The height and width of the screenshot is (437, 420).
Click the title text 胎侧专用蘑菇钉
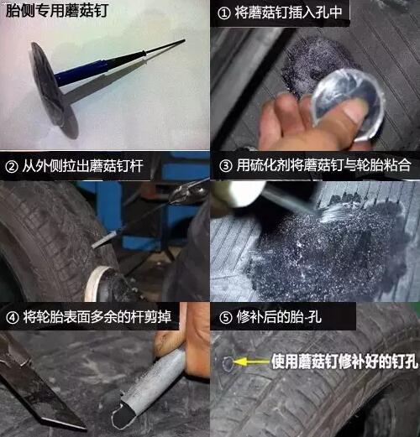click(x=57, y=11)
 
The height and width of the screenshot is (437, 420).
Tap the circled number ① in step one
click(x=224, y=13)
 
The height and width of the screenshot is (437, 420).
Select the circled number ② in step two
click(x=12, y=167)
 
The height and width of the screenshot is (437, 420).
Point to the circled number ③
click(x=226, y=166)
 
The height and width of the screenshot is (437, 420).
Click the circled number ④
click(x=13, y=318)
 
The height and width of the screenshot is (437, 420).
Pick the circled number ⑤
click(x=226, y=318)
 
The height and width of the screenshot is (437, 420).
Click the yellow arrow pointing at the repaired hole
click(x=250, y=362)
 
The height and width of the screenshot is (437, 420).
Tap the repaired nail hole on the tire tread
click(x=228, y=363)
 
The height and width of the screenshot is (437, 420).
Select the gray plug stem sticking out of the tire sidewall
click(x=104, y=240)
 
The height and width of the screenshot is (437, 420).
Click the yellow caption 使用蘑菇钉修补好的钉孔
click(x=344, y=362)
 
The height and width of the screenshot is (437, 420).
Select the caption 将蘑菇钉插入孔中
click(x=288, y=13)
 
